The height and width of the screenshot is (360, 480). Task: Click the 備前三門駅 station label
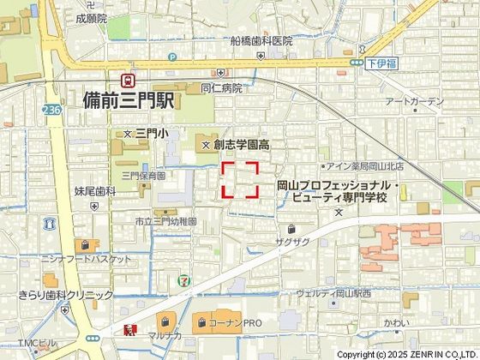point(129,100)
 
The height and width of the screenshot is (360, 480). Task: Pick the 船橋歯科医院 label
point(261,41)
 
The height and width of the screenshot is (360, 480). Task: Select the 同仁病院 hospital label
point(221,87)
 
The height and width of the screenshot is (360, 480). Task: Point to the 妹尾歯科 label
point(94,191)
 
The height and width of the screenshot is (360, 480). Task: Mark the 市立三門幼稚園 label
point(166,221)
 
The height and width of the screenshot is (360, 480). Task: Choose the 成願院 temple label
point(91,18)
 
